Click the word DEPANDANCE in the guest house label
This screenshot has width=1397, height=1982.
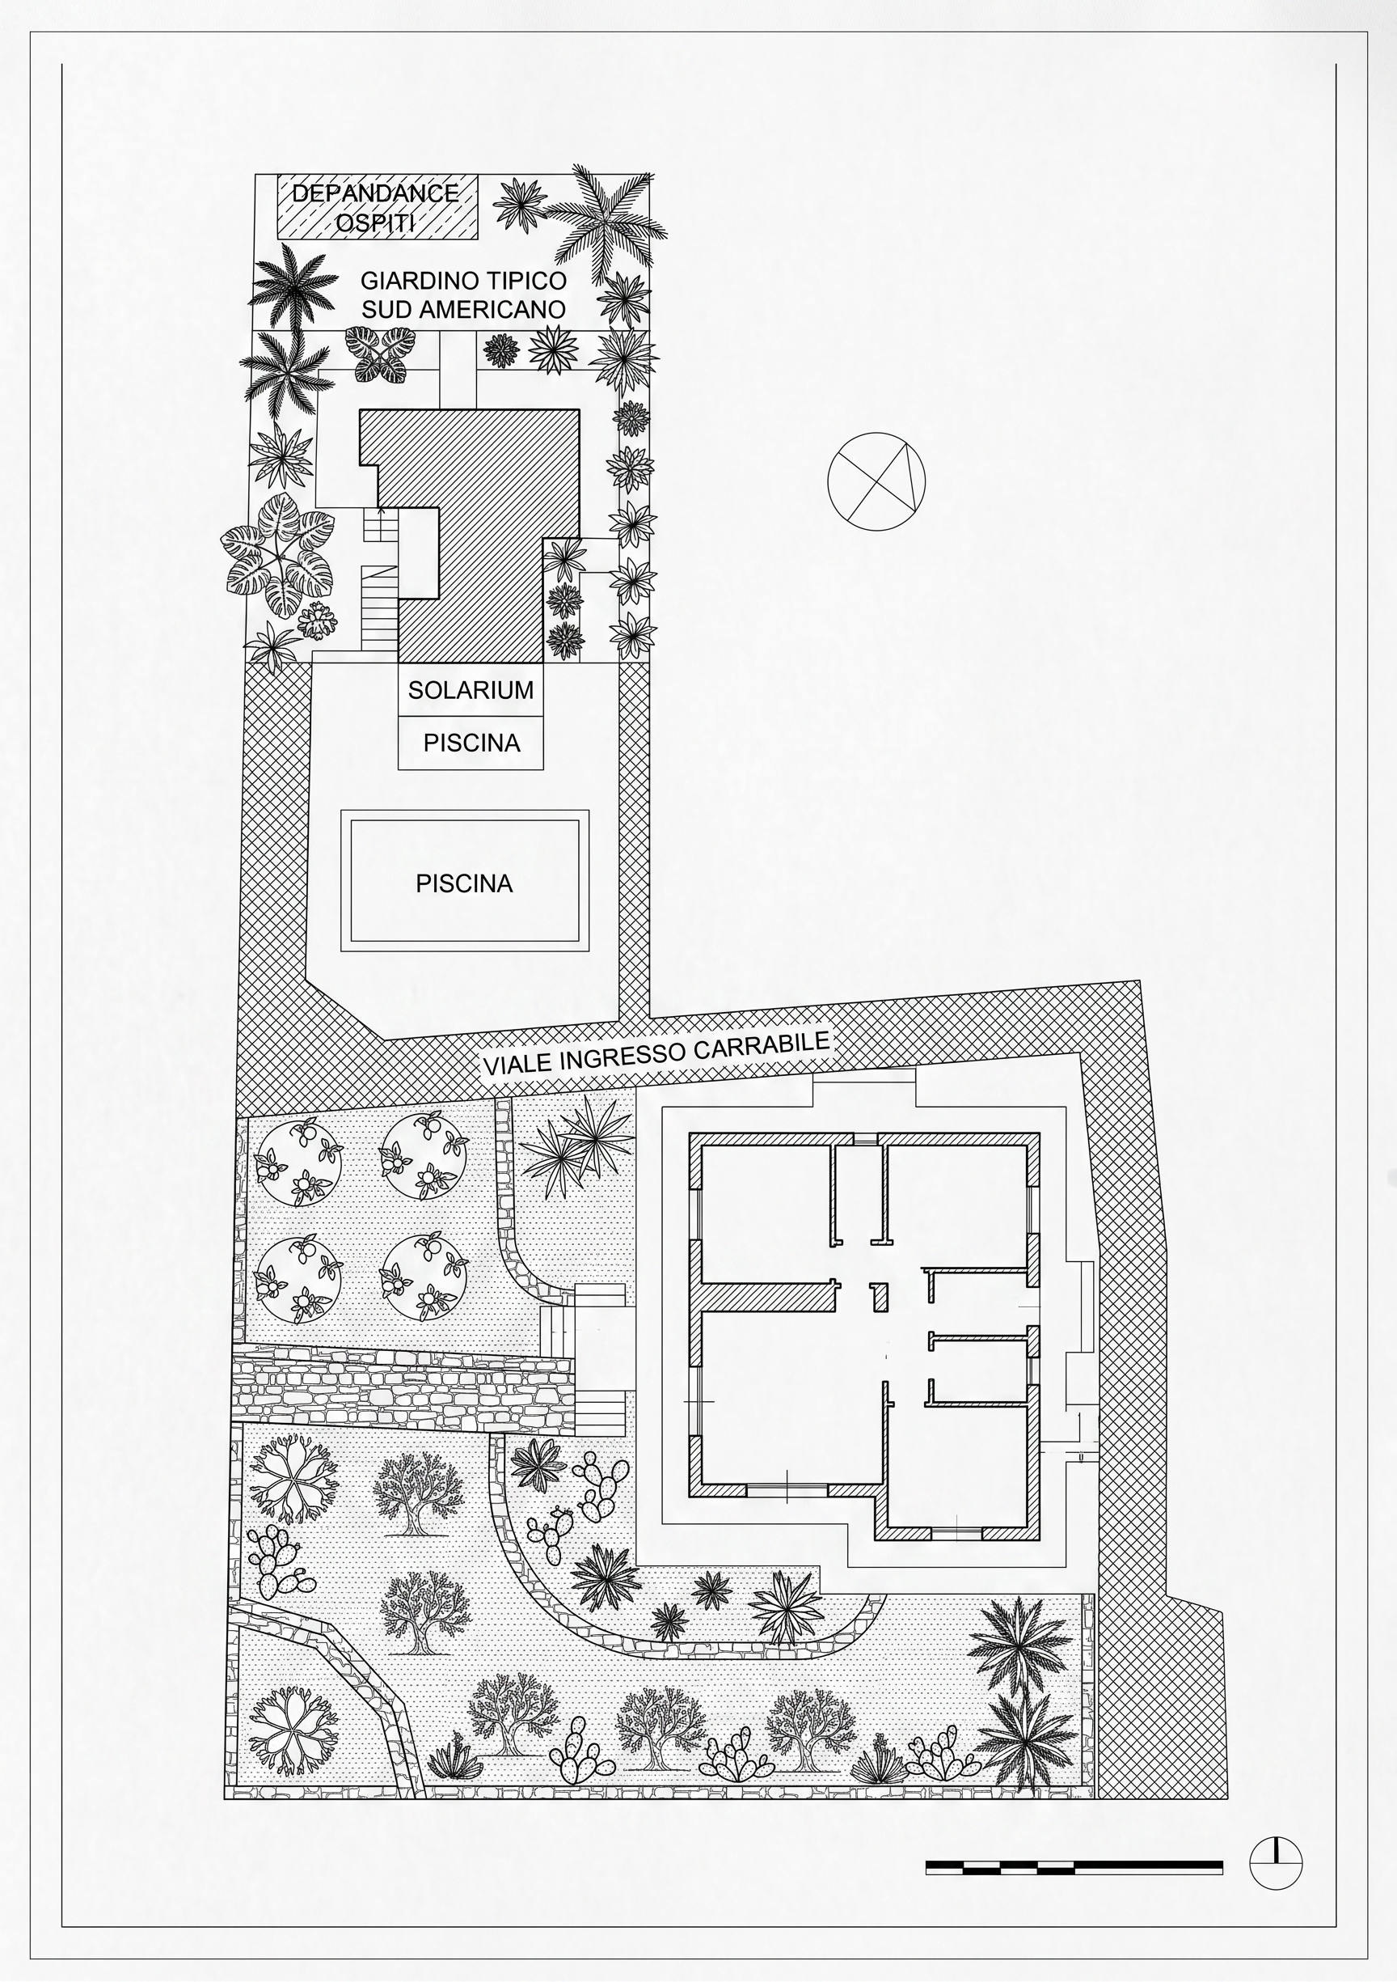tap(375, 193)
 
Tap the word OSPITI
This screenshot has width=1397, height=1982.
tap(375, 222)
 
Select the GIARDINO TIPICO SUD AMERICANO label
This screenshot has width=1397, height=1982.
tap(463, 295)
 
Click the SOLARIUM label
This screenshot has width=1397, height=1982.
tap(471, 690)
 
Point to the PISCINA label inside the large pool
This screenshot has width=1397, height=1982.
tap(464, 883)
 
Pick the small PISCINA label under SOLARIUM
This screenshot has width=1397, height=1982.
tap(471, 743)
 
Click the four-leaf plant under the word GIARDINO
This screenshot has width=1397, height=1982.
tap(377, 354)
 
